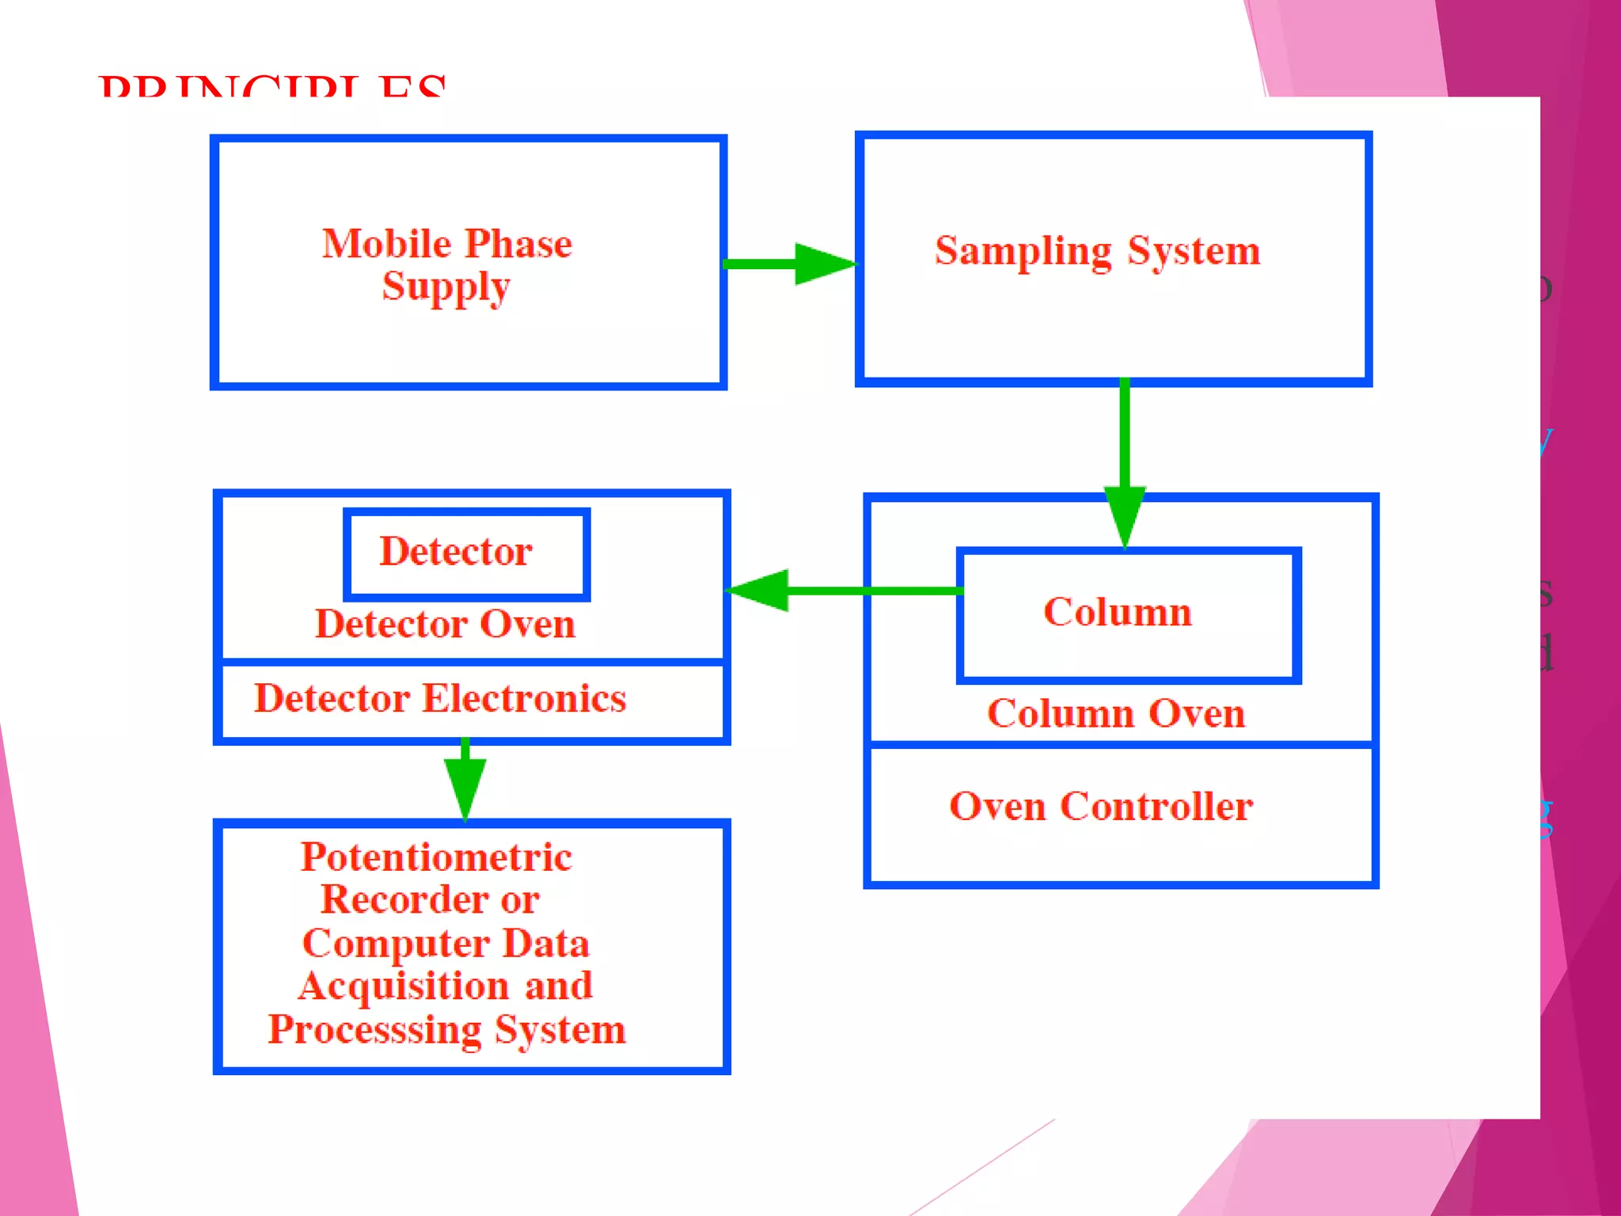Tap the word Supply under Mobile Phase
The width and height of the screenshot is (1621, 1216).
pyautogui.click(x=446, y=287)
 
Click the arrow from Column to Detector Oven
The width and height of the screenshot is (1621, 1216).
pyautogui.click(x=839, y=591)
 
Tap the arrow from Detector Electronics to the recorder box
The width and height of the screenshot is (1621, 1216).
pyautogui.click(x=465, y=780)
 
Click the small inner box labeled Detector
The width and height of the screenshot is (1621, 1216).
pyautogui.click(x=466, y=553)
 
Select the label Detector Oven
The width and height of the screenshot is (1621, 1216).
pyautogui.click(x=445, y=625)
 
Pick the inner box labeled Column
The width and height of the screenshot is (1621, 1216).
pyautogui.click(x=1128, y=614)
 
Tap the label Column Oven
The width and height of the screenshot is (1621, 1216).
pyautogui.click(x=1116, y=713)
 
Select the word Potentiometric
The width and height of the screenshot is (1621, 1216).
pyautogui.click(x=436, y=857)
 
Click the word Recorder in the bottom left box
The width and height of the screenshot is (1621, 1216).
pyautogui.click(x=404, y=900)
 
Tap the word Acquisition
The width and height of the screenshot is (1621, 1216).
pyautogui.click(x=403, y=986)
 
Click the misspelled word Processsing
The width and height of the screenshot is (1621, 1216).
pyautogui.click(x=374, y=1030)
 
